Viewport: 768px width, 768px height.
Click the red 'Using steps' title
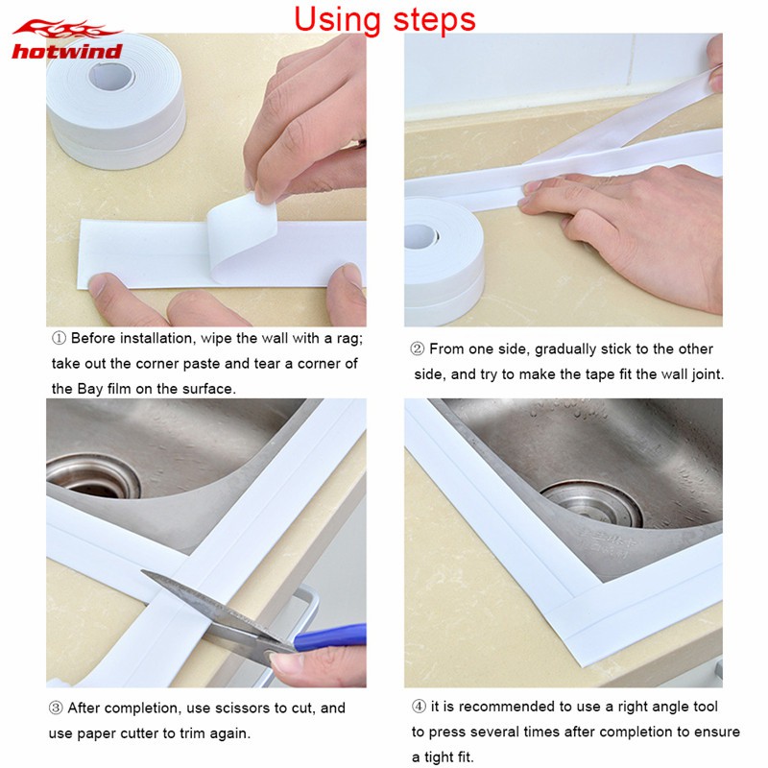[x=385, y=20]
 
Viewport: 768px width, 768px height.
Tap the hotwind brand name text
[x=67, y=52]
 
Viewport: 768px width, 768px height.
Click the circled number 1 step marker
[x=59, y=339]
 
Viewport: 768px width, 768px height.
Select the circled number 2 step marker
[x=418, y=348]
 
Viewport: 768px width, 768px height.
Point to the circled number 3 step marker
[x=56, y=708]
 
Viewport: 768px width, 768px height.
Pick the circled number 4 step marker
[x=419, y=707]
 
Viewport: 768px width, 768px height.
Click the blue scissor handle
[x=329, y=637]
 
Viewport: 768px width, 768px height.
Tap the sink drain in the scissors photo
[x=93, y=475]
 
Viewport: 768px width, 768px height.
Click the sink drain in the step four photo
[x=591, y=505]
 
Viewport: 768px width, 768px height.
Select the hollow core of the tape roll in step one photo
[x=111, y=77]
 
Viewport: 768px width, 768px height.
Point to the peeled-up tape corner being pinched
[x=241, y=234]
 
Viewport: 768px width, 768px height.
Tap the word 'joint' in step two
[x=707, y=375]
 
